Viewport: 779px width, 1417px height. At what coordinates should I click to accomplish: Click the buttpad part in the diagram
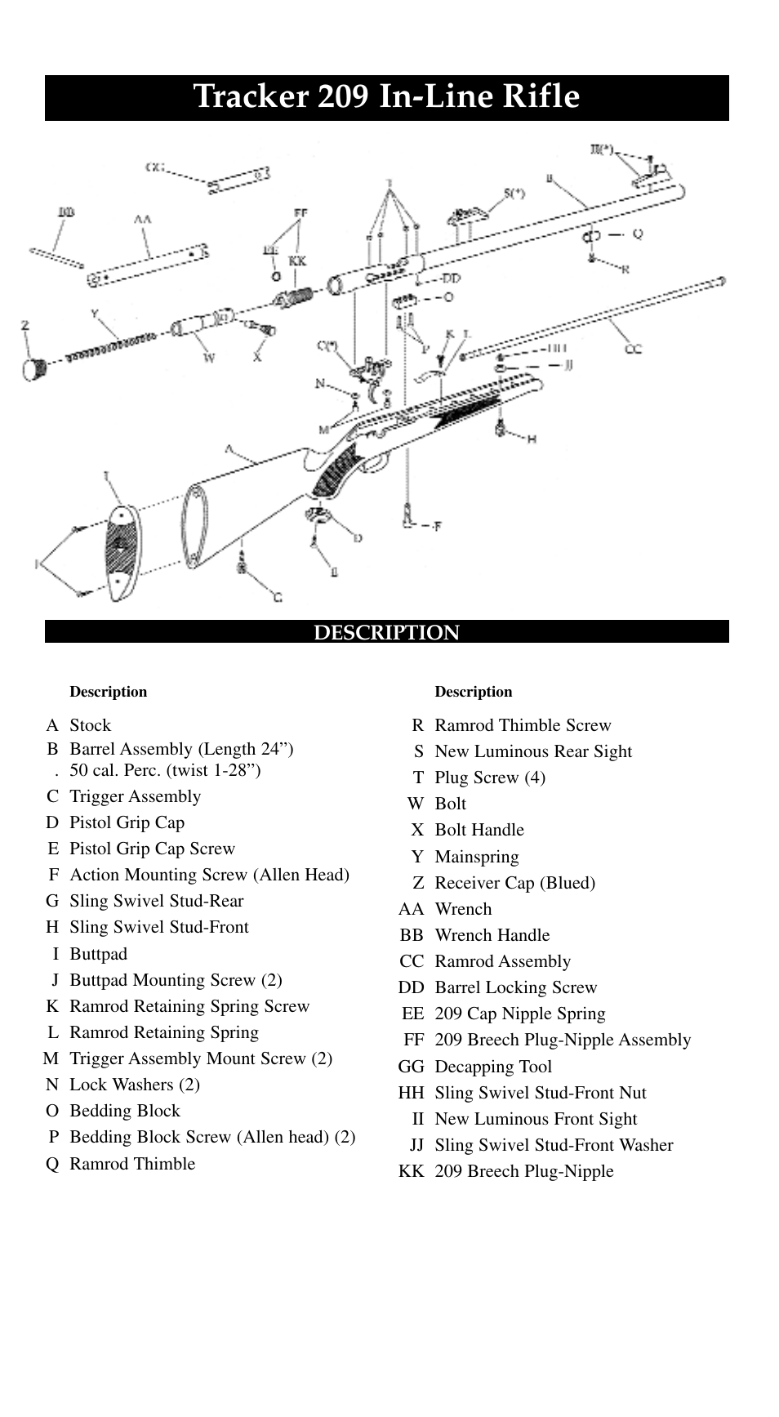121,546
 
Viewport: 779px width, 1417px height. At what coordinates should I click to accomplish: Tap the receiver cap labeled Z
33,368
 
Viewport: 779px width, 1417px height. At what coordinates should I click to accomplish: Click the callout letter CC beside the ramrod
633,349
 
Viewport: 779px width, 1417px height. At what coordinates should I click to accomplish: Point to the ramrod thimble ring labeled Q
591,236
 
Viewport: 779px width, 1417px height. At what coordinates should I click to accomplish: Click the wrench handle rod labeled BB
56,256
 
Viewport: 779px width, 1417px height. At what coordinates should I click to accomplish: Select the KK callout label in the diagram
297,261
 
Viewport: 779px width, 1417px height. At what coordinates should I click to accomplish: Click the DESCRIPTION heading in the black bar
387,632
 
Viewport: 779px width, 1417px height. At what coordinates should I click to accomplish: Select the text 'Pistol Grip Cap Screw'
152,849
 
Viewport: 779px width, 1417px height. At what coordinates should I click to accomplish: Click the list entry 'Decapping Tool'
493,1067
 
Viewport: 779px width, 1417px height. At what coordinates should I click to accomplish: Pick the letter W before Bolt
416,804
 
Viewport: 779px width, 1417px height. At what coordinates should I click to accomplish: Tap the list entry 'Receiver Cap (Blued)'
514,883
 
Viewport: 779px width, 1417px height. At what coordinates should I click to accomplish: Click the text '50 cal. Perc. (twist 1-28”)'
165,770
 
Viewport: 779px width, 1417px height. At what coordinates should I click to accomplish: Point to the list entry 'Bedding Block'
124,1111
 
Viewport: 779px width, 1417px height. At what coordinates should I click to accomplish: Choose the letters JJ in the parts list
416,1145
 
